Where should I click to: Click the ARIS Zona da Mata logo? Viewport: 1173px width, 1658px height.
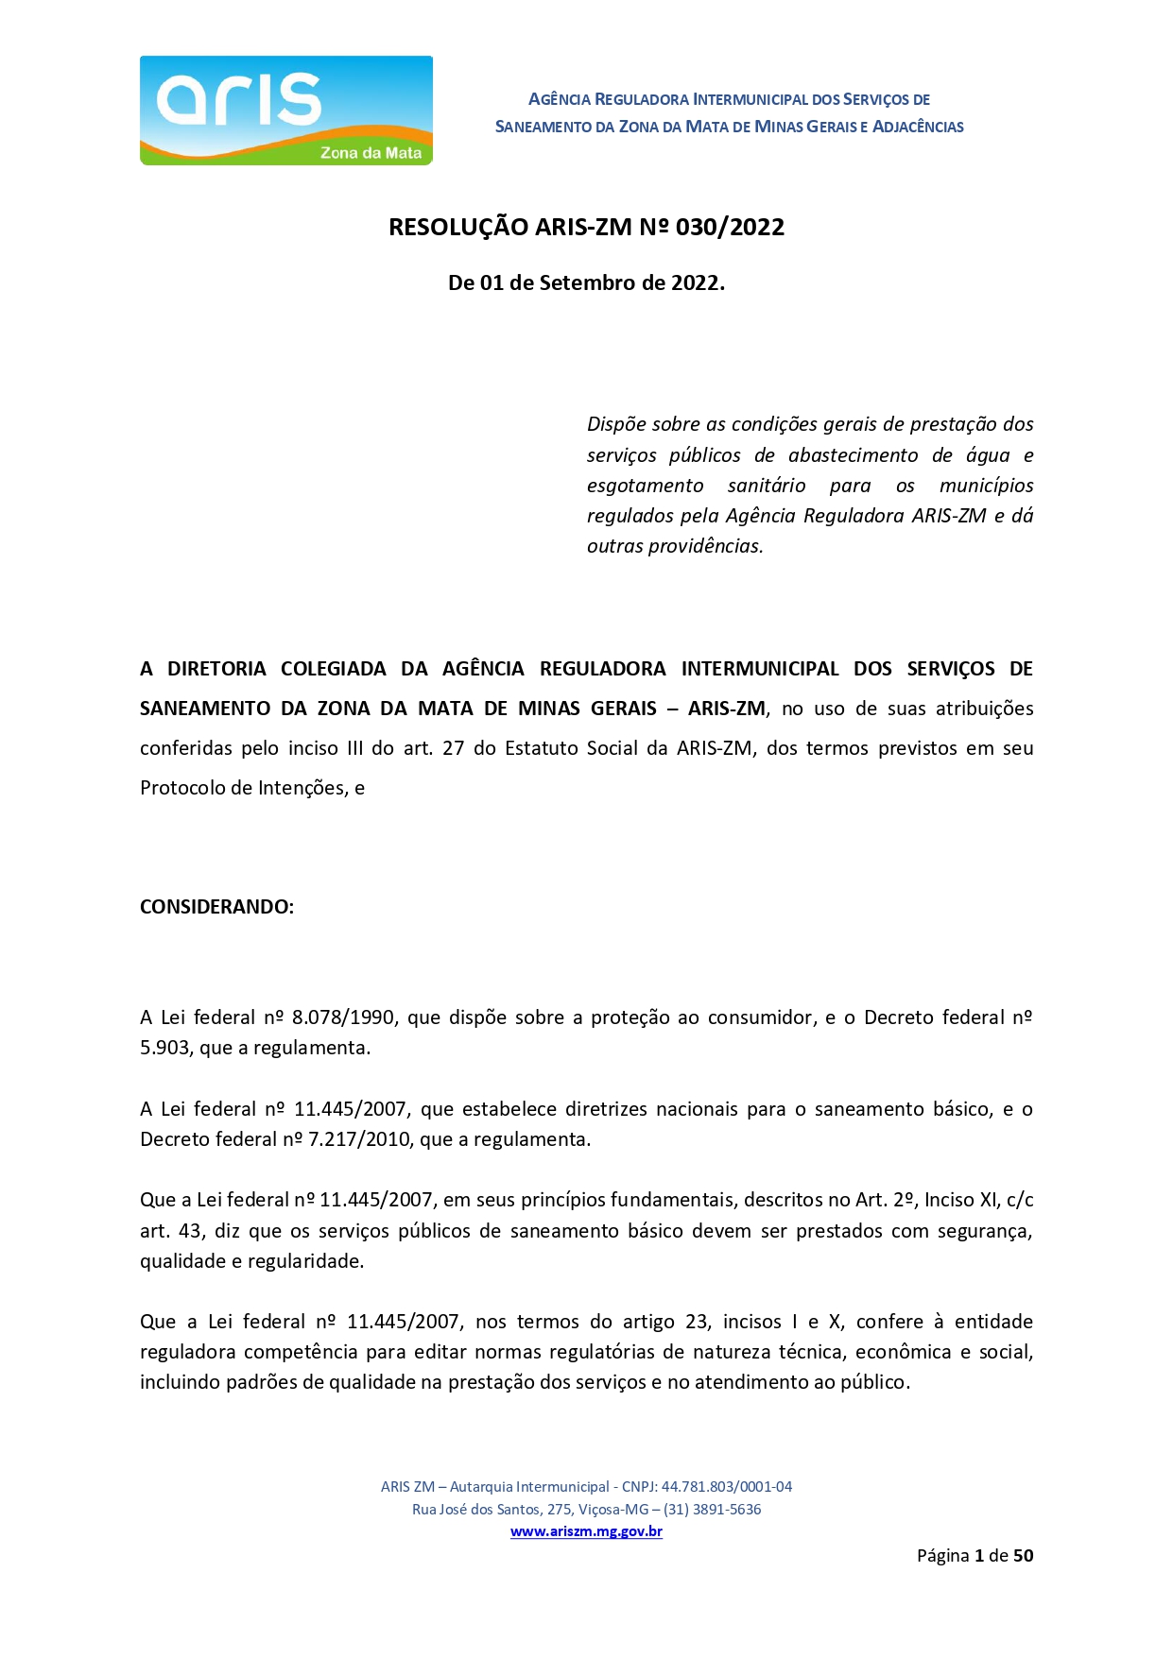(285, 111)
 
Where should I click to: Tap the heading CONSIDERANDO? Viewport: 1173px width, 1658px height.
(216, 907)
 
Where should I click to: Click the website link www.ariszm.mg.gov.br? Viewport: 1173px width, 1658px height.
(586, 1531)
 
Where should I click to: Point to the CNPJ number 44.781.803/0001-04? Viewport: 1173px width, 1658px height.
(726, 1486)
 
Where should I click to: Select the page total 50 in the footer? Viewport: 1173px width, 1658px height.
(1023, 1556)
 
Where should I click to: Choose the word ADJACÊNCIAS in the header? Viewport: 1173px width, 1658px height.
(917, 127)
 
